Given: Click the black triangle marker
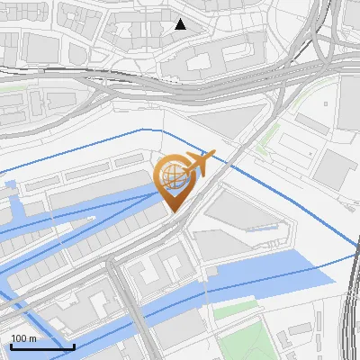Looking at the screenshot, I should (181, 24).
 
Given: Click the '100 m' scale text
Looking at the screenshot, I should (23, 338).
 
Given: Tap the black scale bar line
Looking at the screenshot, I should (42, 346).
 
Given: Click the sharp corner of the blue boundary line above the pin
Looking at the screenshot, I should (142, 130).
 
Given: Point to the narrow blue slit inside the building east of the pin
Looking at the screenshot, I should (260, 228).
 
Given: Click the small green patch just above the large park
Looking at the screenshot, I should (236, 312).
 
